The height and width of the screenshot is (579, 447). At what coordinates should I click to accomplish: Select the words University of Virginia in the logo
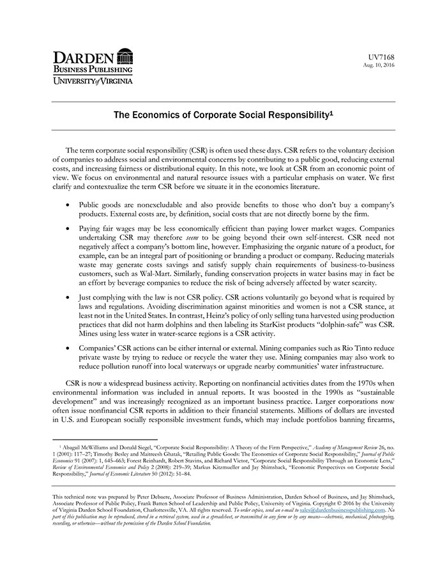92,81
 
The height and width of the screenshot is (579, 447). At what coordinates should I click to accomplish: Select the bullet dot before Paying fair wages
68,228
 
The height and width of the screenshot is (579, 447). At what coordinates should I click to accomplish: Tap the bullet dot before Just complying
68,298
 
